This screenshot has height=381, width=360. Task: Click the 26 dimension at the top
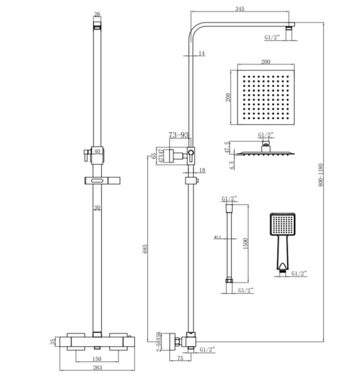click(x=97, y=14)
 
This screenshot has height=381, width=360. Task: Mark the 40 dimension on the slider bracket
click(x=97, y=152)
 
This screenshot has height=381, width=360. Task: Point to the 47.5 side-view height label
click(x=228, y=147)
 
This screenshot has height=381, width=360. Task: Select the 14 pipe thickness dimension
click(x=201, y=54)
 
